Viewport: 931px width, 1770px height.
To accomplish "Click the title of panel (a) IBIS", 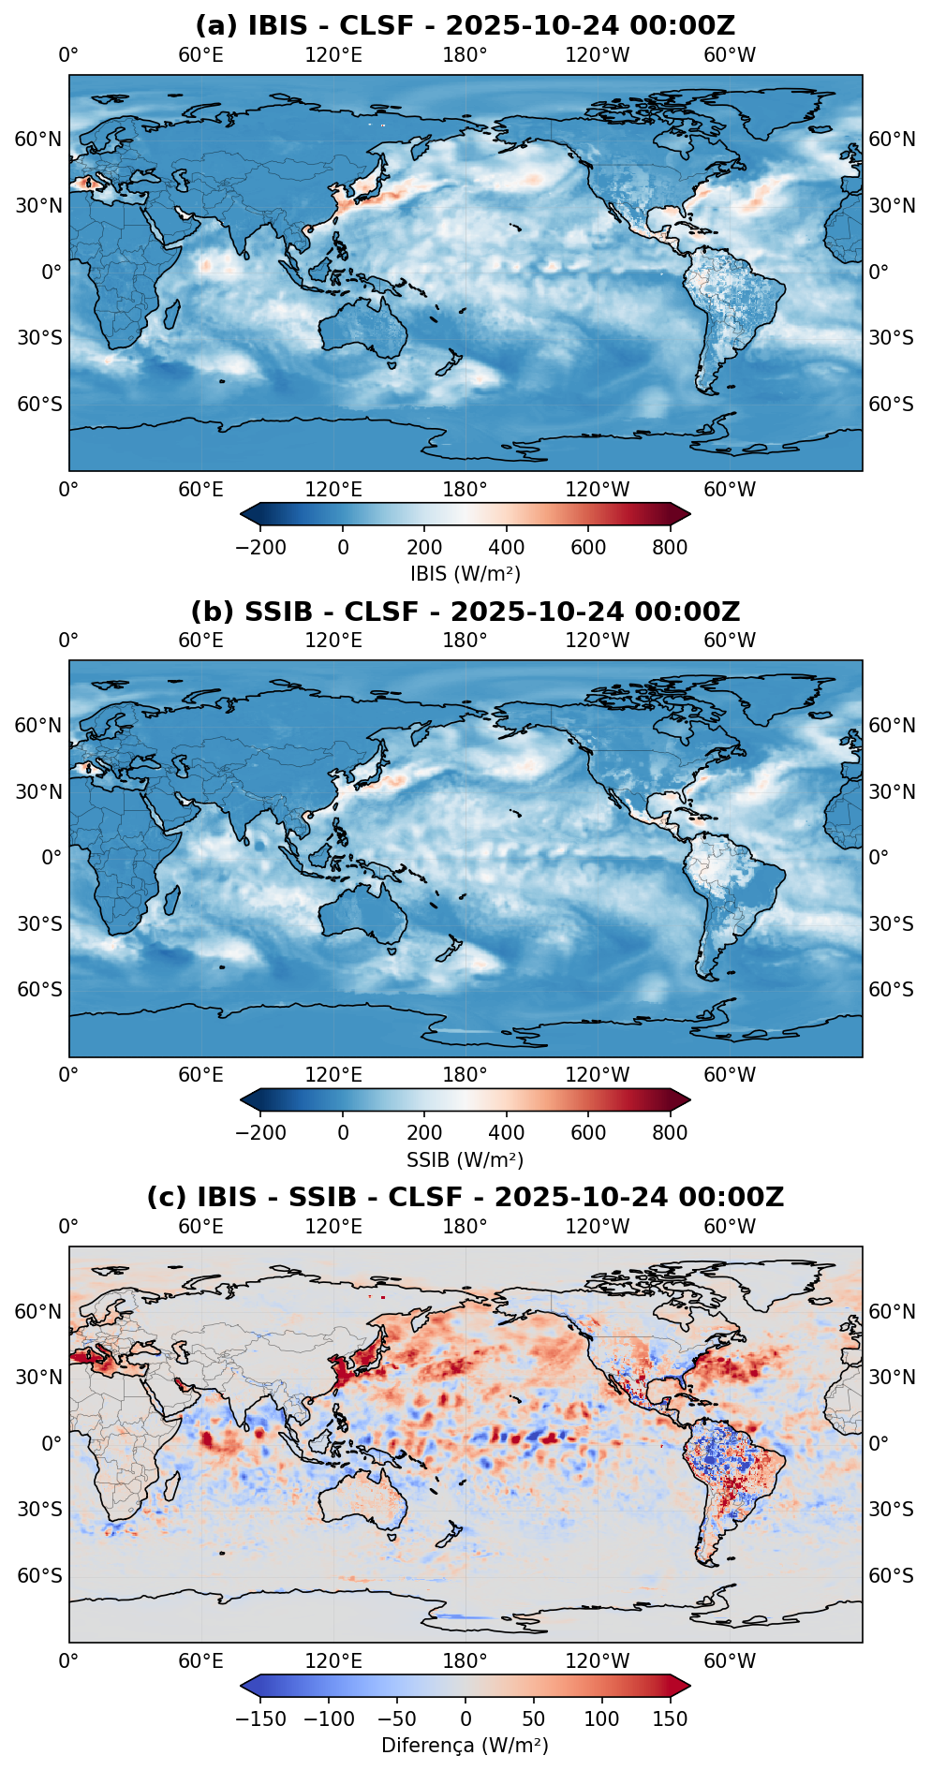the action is pos(465,25).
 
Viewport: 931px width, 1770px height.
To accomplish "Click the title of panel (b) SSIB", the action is pos(465,612).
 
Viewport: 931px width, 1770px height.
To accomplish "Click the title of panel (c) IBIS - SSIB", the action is pos(465,1197).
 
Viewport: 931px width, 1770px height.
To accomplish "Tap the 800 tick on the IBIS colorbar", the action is pos(670,548).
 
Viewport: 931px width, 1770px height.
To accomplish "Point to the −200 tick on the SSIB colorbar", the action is pos(261,1133).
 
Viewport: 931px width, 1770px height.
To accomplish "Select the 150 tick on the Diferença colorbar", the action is pos(670,1719).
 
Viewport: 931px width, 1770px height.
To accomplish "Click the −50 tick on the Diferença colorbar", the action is pos(397,1719).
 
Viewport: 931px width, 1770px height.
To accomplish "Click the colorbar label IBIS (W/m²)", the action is pos(465,573).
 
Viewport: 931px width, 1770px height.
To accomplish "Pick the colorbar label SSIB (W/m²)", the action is pos(465,1159).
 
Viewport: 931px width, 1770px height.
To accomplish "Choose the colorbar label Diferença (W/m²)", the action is pos(465,1746).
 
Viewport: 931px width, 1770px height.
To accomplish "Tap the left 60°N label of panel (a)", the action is pos(38,140).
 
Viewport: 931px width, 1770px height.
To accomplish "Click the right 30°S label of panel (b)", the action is pos(891,923).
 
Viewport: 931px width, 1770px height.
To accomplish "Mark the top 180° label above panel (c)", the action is pos(465,1227).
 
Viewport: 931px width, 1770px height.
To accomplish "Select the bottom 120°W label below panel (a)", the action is pos(598,489).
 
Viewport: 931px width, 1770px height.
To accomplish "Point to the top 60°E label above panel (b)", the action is pos(201,641).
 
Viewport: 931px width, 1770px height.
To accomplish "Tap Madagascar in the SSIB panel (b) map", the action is pos(171,901).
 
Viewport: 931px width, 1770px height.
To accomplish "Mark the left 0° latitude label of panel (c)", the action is pos(51,1443).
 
